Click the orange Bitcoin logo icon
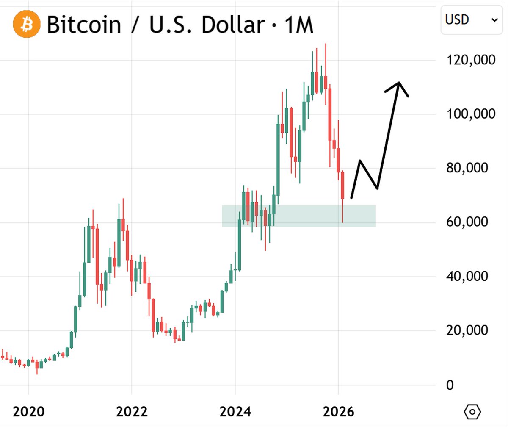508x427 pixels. [x=27, y=24]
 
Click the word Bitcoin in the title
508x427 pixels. [x=83, y=25]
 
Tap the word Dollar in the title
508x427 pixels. [x=232, y=25]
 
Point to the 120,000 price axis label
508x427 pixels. [x=471, y=60]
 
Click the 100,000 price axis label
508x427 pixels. [x=471, y=114]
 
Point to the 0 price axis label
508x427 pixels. [x=450, y=385]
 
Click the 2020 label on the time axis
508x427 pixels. [x=28, y=412]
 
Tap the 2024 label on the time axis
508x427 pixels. [x=235, y=412]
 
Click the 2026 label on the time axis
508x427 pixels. [x=338, y=412]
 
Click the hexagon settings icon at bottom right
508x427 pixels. [x=472, y=411]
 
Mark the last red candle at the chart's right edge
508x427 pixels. [x=342, y=186]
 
